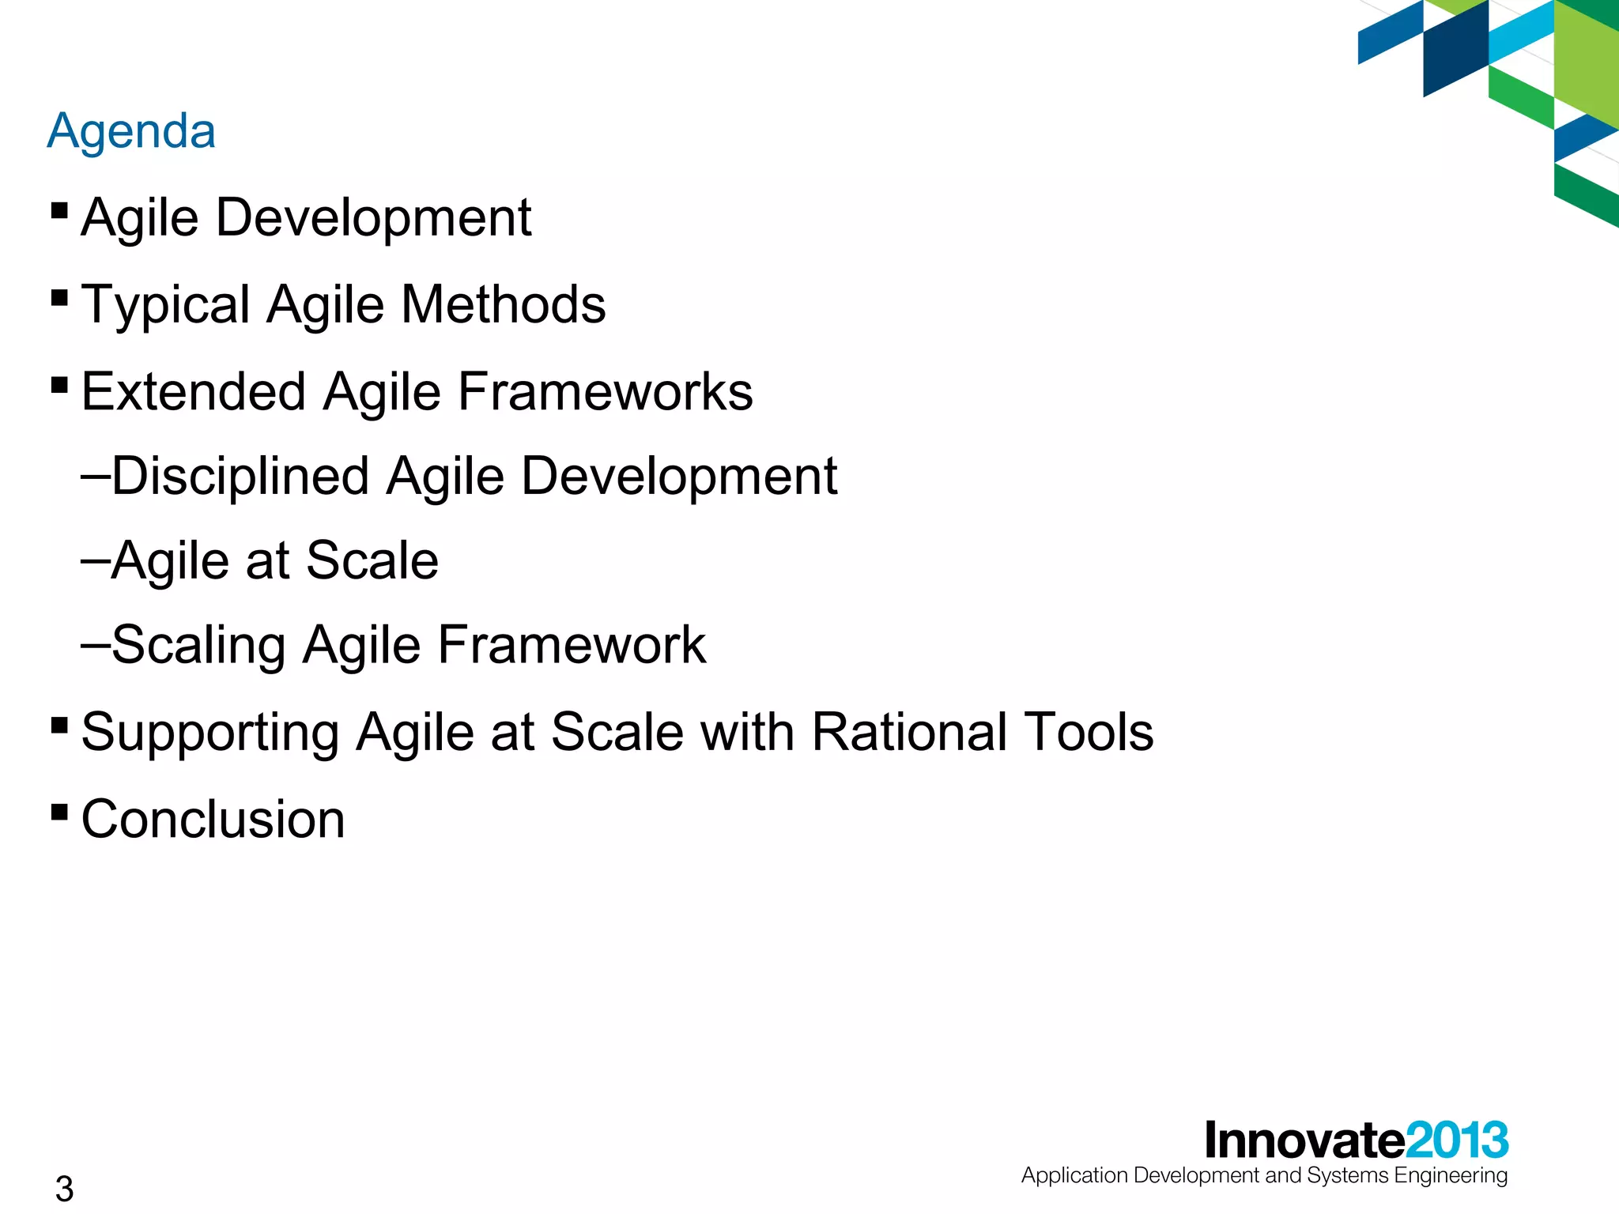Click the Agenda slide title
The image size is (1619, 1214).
(x=131, y=131)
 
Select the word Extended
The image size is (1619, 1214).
(x=194, y=391)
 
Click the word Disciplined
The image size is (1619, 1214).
(x=241, y=477)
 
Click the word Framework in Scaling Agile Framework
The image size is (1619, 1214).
(x=572, y=645)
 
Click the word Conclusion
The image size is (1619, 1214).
(x=213, y=819)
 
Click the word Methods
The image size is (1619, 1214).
(x=504, y=305)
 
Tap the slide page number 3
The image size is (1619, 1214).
(x=64, y=1189)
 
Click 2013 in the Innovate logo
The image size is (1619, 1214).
(x=1457, y=1140)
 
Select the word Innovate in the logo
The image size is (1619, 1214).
(x=1304, y=1140)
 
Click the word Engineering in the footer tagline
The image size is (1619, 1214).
(x=1451, y=1176)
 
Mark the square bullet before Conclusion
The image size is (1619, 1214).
(x=58, y=812)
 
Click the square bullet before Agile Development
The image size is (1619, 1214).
(x=58, y=210)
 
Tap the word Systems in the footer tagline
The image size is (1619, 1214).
(x=1347, y=1176)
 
